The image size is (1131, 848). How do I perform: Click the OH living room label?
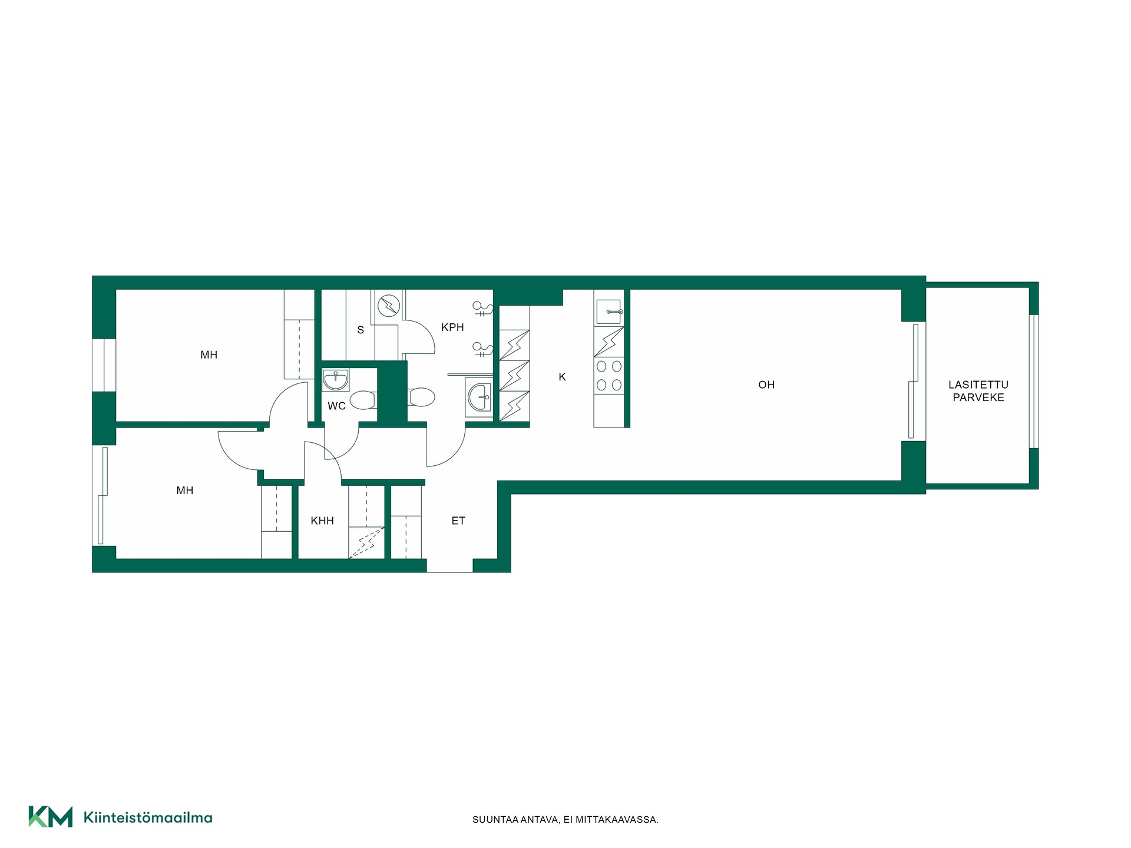click(x=766, y=385)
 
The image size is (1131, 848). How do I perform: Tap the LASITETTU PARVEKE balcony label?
click(x=978, y=391)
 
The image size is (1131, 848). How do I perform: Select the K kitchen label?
click(x=562, y=377)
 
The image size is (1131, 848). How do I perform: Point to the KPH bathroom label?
click(x=452, y=327)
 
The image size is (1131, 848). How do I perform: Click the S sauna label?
click(x=361, y=330)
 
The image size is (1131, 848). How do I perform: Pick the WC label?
click(x=336, y=406)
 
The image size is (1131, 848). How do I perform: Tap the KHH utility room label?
click(x=322, y=521)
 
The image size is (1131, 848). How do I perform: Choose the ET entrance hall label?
click(x=458, y=521)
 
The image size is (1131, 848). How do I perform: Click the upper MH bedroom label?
click(x=209, y=355)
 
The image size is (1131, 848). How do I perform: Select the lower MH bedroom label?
click(x=185, y=491)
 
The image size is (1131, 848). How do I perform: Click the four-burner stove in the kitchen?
click(x=609, y=376)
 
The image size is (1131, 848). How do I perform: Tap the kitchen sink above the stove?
click(x=609, y=311)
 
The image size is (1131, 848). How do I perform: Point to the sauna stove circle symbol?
click(x=389, y=306)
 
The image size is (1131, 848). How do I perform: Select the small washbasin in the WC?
click(x=336, y=380)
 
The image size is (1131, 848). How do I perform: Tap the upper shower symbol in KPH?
click(x=482, y=308)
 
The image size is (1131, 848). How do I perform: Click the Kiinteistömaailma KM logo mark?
click(x=51, y=817)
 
